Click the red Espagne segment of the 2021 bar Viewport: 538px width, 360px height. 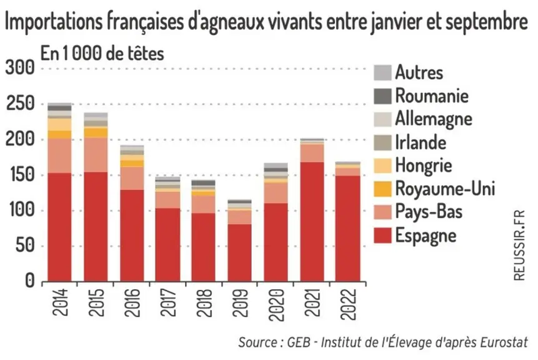312,222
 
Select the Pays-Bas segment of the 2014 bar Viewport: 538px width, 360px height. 60,156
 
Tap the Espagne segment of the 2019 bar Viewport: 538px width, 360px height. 239,253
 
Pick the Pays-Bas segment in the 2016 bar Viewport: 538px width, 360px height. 132,179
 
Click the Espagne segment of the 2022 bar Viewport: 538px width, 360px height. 348,229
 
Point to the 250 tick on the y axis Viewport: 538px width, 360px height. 20,103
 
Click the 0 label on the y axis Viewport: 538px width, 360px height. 30,281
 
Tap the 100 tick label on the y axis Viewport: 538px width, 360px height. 20,209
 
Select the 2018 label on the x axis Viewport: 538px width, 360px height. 204,302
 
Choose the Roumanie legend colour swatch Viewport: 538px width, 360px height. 382,96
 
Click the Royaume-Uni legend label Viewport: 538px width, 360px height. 445,188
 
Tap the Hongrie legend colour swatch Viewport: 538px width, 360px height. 382,166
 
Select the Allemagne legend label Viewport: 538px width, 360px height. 434,119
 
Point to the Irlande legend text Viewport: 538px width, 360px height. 421,142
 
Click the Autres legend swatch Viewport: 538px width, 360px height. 382,72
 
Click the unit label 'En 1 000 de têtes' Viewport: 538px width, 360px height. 102,53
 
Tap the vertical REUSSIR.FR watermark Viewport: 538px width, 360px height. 519,245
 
